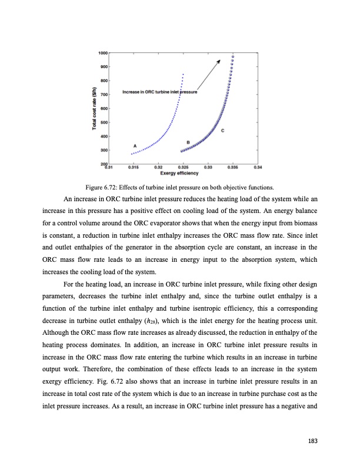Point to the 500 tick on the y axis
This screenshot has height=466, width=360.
point(104,122)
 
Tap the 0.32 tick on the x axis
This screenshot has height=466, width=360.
point(158,168)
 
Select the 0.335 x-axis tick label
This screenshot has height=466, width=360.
point(232,168)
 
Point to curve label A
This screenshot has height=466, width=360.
point(136,145)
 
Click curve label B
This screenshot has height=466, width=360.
point(188,142)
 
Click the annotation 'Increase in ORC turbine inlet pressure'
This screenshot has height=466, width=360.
point(159,92)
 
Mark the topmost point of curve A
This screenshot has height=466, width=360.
point(184,74)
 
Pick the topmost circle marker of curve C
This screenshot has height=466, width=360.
point(233,55)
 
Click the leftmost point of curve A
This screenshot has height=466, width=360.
point(132,154)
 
